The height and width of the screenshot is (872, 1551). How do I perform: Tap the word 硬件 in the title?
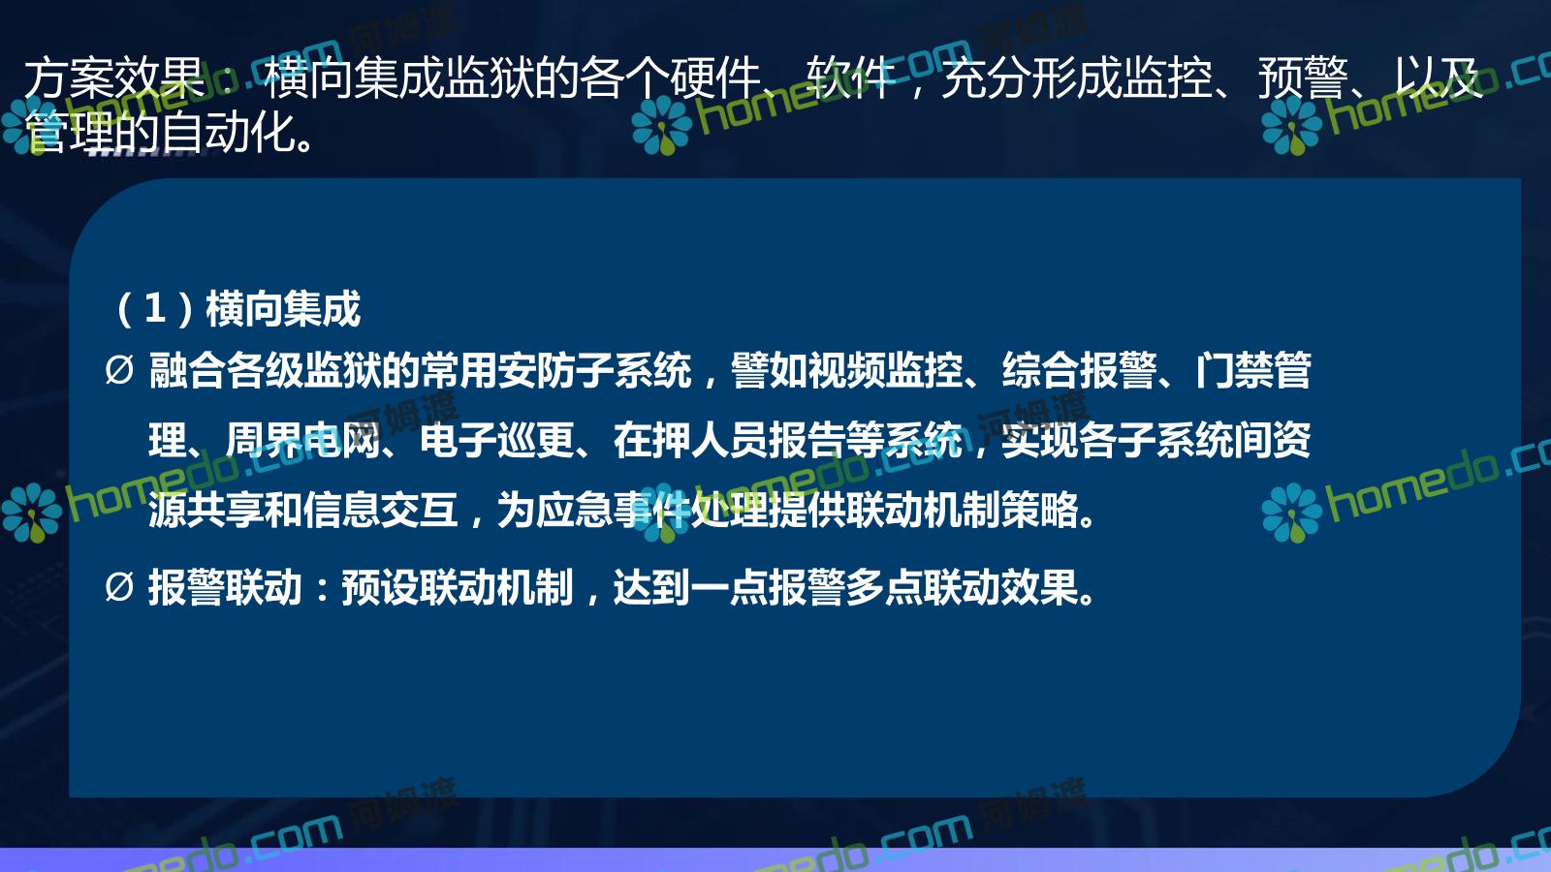pyautogui.click(x=716, y=78)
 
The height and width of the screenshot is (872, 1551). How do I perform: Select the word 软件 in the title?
pyautogui.click(x=852, y=78)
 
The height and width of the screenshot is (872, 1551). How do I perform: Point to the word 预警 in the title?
pyautogui.click(x=1303, y=78)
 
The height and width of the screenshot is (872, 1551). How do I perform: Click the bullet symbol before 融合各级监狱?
pyautogui.click(x=119, y=370)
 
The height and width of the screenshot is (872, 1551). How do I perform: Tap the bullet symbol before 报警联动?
pyautogui.click(x=119, y=587)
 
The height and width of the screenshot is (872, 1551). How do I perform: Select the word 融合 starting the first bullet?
pyautogui.click(x=188, y=370)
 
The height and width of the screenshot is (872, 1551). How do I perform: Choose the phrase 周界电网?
pyautogui.click(x=303, y=440)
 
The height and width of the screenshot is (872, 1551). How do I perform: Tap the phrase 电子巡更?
pyautogui.click(x=497, y=440)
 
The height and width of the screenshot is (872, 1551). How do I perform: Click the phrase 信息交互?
pyautogui.click(x=381, y=510)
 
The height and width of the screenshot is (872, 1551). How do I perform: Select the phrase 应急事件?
pyautogui.click(x=614, y=510)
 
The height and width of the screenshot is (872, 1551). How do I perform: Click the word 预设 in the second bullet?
pyautogui.click(x=381, y=587)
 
